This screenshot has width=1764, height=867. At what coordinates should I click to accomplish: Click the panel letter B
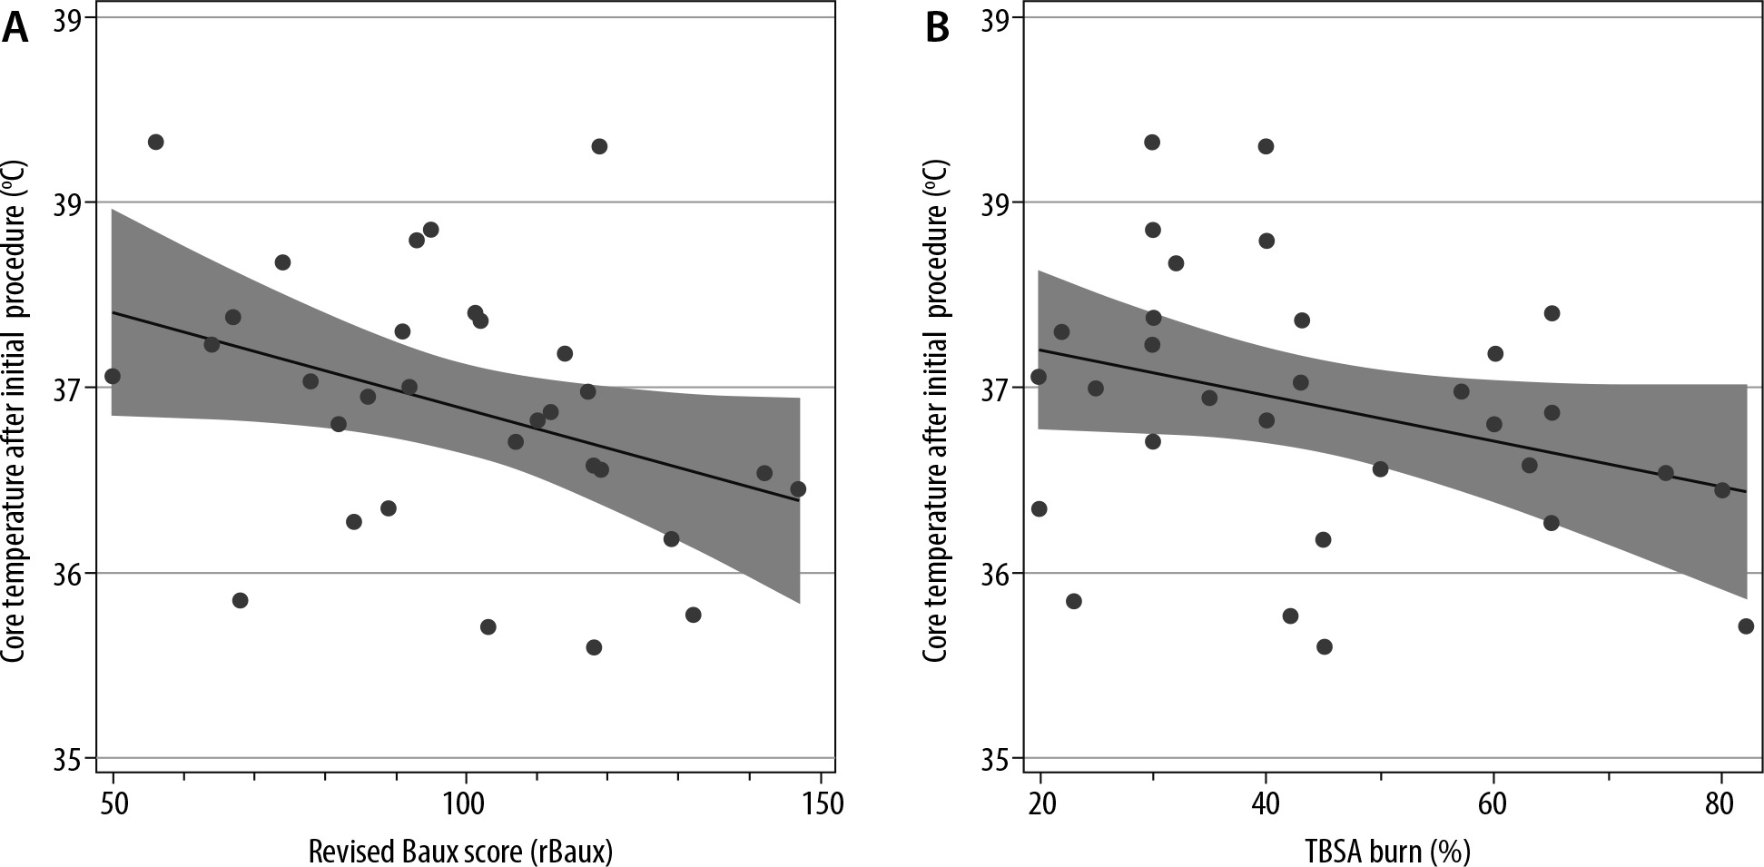[937, 29]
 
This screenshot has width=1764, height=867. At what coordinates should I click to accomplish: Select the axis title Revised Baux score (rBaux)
[460, 851]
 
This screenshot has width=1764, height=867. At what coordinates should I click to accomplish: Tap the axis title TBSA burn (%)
[1387, 851]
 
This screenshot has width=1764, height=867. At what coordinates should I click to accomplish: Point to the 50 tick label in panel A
[113, 803]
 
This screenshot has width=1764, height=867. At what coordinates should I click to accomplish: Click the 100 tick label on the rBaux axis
[466, 803]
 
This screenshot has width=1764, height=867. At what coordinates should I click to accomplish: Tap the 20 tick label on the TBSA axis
[1040, 803]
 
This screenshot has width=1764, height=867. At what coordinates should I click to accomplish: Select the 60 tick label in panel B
[1493, 803]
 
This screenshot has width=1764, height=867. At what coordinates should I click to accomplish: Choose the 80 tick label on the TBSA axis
[1720, 803]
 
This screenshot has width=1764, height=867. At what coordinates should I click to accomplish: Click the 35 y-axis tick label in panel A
[65, 758]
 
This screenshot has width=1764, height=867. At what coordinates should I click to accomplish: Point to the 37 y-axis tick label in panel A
[65, 388]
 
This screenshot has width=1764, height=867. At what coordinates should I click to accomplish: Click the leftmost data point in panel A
[113, 376]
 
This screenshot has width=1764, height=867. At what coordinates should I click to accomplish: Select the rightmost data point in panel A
[798, 488]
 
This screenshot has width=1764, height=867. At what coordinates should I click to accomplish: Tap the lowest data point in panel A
[594, 647]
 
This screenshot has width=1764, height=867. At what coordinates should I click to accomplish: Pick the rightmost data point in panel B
[1745, 626]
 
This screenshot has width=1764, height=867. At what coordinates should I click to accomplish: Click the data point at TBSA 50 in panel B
[1380, 469]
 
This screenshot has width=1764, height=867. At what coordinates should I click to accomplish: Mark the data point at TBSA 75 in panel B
[1665, 473]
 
